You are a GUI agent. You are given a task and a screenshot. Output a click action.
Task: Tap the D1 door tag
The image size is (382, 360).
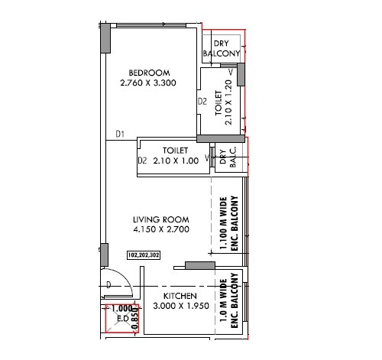(x=120, y=135)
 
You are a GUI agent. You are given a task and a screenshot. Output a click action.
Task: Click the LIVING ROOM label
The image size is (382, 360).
(x=159, y=219)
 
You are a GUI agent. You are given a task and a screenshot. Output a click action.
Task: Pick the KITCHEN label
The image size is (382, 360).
(x=180, y=296)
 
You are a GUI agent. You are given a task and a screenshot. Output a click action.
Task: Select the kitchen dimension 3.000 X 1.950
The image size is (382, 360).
(x=180, y=306)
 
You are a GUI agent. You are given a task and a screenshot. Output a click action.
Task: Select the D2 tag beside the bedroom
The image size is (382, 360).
(x=202, y=101)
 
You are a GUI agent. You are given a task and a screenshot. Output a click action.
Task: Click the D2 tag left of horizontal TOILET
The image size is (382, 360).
(x=142, y=161)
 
